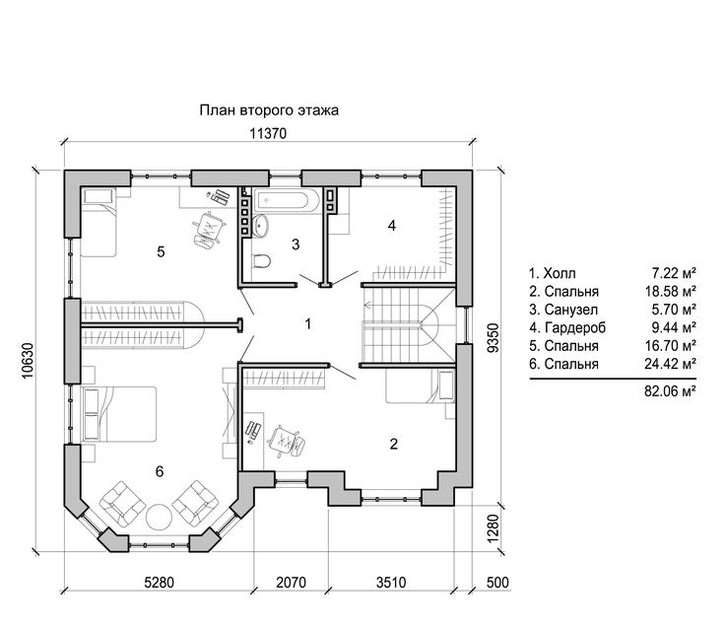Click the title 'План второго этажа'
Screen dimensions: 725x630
pyautogui.click(x=269, y=110)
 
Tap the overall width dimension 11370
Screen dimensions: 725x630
pyautogui.click(x=268, y=134)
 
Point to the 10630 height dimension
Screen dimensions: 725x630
pyautogui.click(x=28, y=360)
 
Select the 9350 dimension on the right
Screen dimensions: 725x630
pyautogui.click(x=494, y=338)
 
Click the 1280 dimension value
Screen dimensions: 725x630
pyautogui.click(x=494, y=528)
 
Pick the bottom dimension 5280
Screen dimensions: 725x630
pyautogui.click(x=159, y=582)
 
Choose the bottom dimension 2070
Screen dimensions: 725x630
pyautogui.click(x=292, y=582)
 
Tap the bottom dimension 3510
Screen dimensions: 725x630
pyautogui.click(x=391, y=582)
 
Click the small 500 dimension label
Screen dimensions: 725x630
pyautogui.click(x=497, y=582)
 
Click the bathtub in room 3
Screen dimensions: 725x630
pyautogui.click(x=287, y=201)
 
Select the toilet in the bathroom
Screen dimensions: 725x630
pyautogui.click(x=261, y=261)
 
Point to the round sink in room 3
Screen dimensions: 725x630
pyautogui.click(x=261, y=226)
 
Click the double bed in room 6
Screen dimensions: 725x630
pyautogui.click(x=119, y=414)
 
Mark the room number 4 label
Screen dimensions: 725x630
pyautogui.click(x=392, y=226)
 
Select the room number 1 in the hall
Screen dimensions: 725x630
pyautogui.click(x=308, y=324)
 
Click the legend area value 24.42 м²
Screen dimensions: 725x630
pyautogui.click(x=671, y=364)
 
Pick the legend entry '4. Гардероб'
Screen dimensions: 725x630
pyautogui.click(x=567, y=327)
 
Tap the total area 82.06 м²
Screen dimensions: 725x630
pyautogui.click(x=671, y=391)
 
